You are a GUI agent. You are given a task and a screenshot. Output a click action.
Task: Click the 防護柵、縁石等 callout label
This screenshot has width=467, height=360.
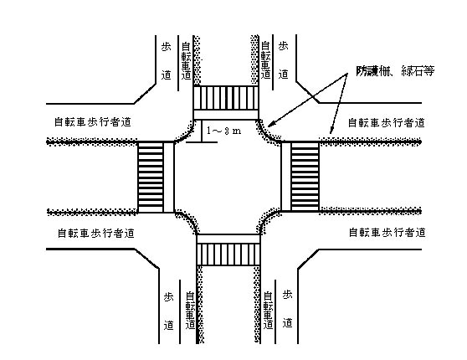(395, 71)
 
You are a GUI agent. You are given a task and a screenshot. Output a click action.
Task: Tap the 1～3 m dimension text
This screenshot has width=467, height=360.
(224, 131)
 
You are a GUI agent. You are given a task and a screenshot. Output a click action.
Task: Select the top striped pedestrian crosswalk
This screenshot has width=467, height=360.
(226, 98)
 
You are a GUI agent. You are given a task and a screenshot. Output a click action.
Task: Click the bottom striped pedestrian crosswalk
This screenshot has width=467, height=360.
(228, 255)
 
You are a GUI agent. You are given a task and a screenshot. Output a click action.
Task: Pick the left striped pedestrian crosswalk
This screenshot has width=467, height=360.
(151, 177)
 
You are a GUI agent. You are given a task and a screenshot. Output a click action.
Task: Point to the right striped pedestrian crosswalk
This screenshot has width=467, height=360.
(305, 177)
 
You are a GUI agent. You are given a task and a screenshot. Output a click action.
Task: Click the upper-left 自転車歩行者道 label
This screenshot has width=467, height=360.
(93, 122)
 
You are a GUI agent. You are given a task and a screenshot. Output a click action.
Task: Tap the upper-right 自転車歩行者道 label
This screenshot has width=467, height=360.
(387, 122)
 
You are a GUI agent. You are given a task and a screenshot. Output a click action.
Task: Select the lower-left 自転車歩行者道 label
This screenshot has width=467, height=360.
(96, 233)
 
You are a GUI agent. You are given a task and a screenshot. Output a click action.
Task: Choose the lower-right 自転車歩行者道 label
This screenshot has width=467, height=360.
(387, 233)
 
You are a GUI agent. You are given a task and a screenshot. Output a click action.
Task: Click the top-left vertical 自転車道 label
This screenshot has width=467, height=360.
(186, 61)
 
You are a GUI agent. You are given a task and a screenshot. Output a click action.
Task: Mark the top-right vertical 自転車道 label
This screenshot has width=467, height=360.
(265, 60)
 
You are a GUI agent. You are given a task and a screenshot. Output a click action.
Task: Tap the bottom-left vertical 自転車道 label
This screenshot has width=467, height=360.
(190, 310)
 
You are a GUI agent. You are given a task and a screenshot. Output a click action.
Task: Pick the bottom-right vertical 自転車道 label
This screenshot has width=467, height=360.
(268, 310)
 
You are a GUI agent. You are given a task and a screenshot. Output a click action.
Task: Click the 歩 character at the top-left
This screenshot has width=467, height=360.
(167, 47)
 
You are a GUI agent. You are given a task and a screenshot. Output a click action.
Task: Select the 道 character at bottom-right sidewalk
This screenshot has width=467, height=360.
(287, 323)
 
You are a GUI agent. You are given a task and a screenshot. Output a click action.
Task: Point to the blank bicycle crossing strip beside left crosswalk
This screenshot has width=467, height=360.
(168, 177)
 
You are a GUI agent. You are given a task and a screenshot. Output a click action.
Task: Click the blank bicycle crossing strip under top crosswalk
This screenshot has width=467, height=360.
(226, 115)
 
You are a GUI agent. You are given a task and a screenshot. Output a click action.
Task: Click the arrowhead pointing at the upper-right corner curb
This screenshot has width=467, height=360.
(270, 124)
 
